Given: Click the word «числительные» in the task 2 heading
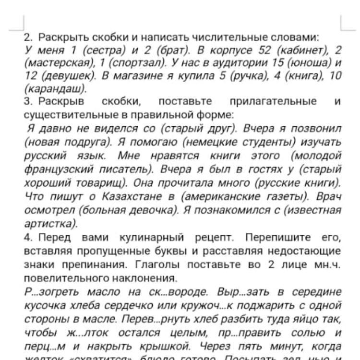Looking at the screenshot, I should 226,37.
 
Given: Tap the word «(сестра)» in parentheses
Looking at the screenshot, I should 103,50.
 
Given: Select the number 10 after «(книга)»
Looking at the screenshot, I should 336,76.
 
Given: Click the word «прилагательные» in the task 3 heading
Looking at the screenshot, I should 273,102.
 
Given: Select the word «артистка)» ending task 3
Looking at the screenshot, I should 50,223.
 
